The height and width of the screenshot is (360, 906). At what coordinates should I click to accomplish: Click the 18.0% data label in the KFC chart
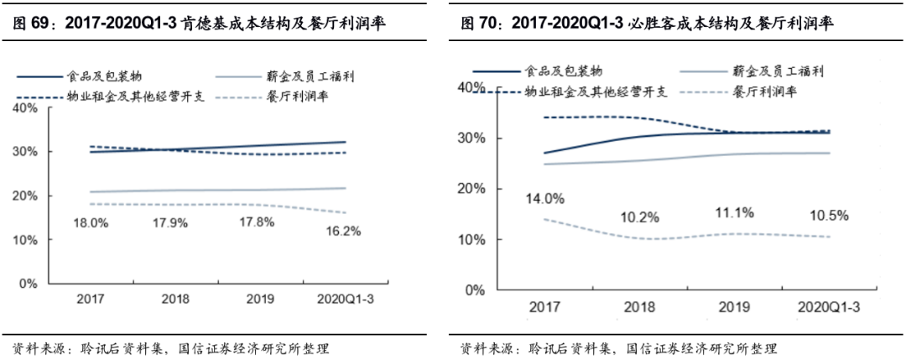coord(91,222)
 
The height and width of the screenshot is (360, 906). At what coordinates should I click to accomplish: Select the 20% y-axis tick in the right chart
coord(473,189)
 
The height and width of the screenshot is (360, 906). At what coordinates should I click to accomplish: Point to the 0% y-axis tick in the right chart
coord(476,290)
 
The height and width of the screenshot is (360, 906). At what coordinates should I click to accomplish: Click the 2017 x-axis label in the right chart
coord(545,308)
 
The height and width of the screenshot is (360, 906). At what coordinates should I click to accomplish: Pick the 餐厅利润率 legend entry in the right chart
coord(765,91)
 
